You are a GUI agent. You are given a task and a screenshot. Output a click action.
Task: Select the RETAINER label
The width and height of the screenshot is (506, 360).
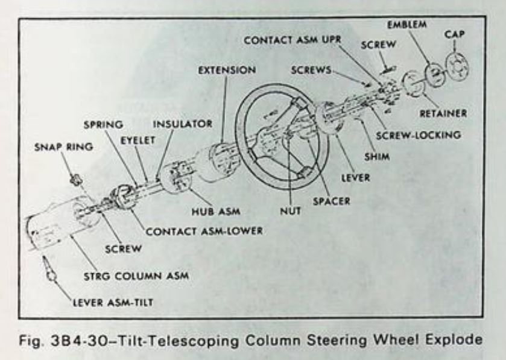coord(444,113)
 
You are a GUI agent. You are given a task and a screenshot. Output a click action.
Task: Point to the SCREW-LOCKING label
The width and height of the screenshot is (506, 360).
coord(418,135)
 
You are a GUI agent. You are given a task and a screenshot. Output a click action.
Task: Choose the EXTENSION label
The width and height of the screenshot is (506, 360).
coord(226,71)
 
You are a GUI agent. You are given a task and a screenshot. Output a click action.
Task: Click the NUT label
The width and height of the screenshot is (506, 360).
coord(290,212)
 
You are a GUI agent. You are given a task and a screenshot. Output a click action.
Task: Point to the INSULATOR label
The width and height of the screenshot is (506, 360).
coord(182,124)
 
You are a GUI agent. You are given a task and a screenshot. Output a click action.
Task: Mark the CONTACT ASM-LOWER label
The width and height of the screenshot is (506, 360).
coord(204,231)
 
